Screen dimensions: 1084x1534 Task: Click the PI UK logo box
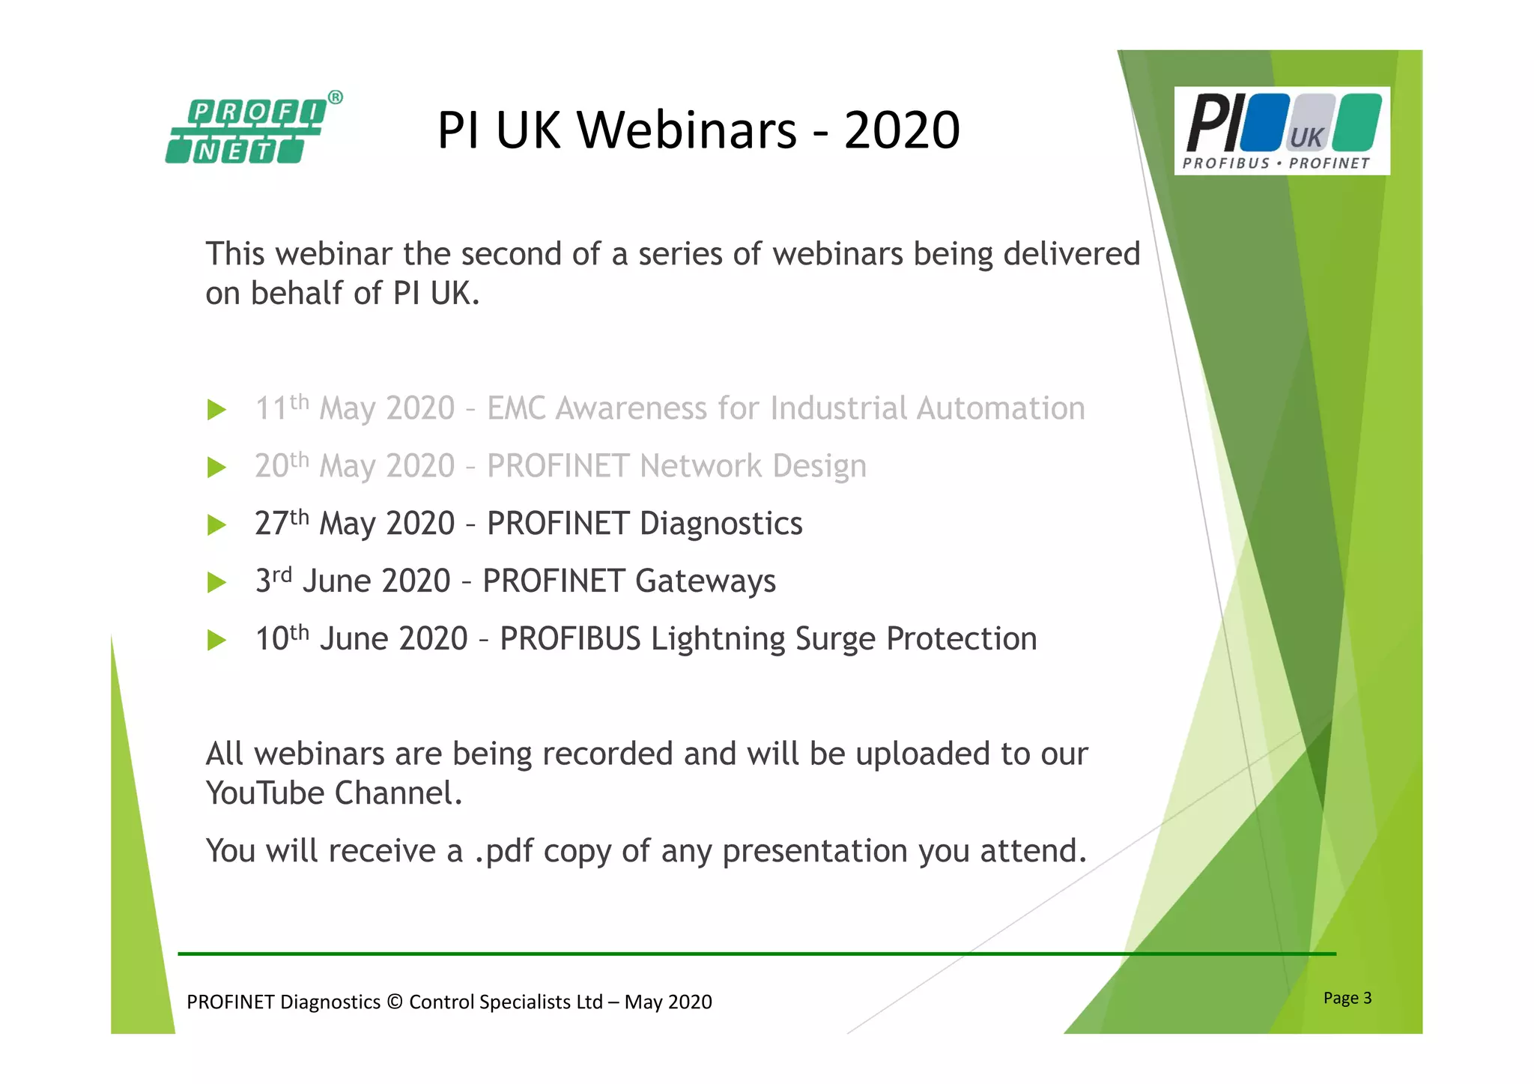[1282, 131]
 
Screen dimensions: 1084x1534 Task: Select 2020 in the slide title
[901, 130]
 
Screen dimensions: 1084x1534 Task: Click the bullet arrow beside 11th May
[216, 410]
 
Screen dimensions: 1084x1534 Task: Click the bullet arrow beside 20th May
[216, 467]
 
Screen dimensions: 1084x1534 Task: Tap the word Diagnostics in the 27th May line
[721, 524]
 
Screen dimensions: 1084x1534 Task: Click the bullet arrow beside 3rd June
[216, 582]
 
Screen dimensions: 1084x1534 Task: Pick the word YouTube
[264, 793]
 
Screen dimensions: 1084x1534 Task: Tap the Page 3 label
[1347, 998]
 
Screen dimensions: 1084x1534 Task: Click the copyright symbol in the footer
[395, 1002]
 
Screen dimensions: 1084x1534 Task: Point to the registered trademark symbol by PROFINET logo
[336, 97]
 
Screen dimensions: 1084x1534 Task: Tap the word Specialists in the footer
[526, 1002]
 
